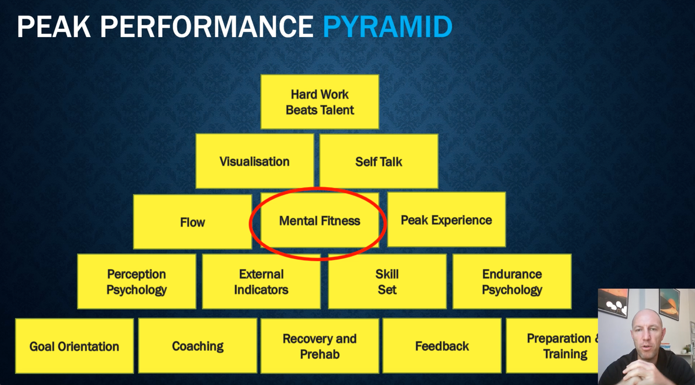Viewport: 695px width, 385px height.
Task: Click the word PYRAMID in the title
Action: (x=387, y=27)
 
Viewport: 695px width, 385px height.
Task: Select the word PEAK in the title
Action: (x=54, y=27)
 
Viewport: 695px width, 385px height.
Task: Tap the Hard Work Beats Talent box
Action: (x=320, y=102)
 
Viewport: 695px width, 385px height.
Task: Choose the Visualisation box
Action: (x=254, y=162)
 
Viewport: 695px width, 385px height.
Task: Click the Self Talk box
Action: (x=379, y=162)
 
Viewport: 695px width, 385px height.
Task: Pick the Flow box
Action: (x=192, y=222)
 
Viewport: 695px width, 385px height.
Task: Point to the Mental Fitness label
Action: (x=320, y=221)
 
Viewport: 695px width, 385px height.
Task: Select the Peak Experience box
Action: (x=446, y=219)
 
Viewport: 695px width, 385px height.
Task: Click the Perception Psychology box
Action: (x=137, y=281)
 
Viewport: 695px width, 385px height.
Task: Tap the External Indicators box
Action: (x=261, y=281)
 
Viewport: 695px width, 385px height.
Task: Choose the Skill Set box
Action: (x=387, y=281)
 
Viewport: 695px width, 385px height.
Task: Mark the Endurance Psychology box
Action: (x=512, y=281)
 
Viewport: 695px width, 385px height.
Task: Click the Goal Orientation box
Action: (x=75, y=346)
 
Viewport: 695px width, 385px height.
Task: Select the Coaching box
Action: (x=197, y=346)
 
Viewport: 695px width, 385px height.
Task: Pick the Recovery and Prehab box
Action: (x=320, y=346)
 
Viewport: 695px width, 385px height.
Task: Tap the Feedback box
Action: (x=442, y=346)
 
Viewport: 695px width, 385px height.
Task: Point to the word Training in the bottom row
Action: (x=565, y=354)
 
